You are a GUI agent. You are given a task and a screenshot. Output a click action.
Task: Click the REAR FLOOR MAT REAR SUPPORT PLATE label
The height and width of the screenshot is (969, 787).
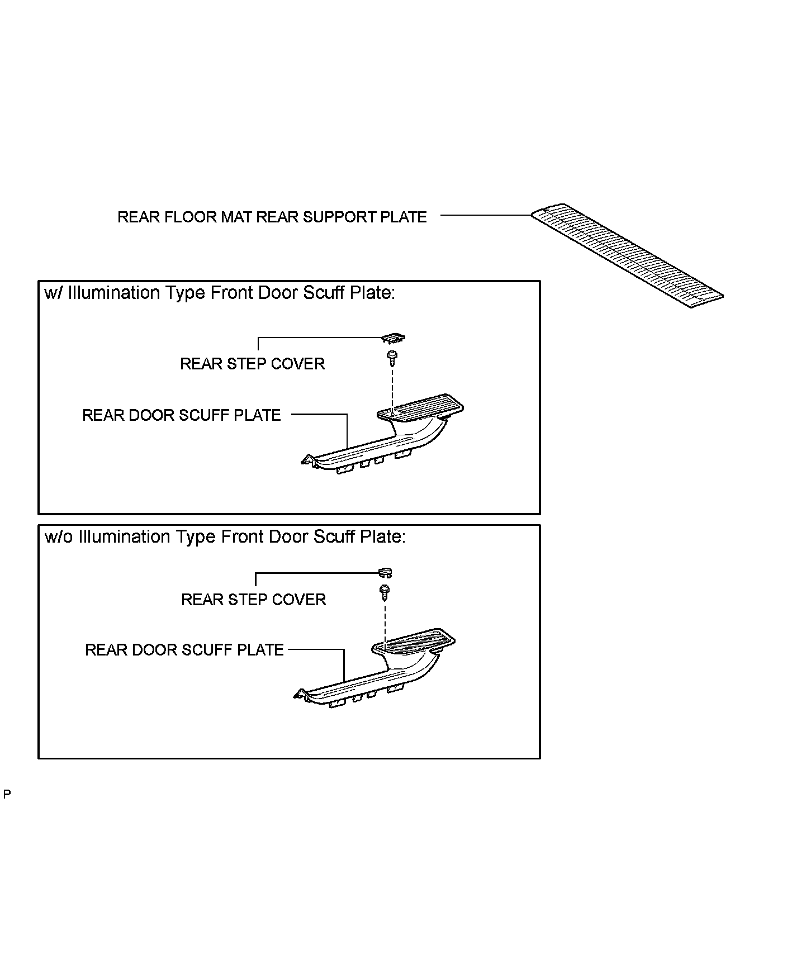click(272, 217)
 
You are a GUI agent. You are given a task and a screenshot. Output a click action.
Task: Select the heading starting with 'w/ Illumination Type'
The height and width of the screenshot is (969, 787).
click(220, 293)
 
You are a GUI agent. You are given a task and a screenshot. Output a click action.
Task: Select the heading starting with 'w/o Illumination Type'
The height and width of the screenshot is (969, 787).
click(225, 537)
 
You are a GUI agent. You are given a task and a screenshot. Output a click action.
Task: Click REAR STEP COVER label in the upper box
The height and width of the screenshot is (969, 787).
click(252, 364)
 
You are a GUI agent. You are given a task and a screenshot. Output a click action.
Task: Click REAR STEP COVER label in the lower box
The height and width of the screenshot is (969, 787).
click(253, 600)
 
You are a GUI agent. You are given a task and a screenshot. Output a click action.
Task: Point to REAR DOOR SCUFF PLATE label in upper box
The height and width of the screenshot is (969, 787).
click(181, 415)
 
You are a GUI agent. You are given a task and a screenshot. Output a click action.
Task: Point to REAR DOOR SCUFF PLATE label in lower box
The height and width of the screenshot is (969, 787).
click(184, 650)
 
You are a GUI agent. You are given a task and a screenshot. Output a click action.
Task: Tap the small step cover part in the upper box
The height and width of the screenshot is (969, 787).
click(393, 338)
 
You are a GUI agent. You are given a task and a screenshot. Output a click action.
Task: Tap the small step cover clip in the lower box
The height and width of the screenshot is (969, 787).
click(385, 572)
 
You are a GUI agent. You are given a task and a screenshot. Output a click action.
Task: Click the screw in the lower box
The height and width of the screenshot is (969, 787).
click(385, 591)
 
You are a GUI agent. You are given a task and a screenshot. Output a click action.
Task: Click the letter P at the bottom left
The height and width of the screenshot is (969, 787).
click(7, 794)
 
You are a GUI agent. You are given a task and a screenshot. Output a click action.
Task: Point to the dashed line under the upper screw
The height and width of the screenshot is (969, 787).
click(392, 388)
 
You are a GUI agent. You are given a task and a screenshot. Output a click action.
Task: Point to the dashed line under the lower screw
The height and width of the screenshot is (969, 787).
click(385, 622)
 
